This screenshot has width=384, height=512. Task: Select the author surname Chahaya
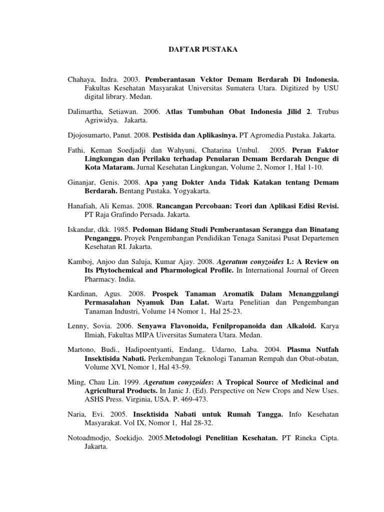tap(81, 79)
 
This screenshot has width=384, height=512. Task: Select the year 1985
tap(121, 229)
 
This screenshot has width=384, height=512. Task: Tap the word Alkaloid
tap(297, 325)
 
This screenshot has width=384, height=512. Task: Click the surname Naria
tap(77, 414)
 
